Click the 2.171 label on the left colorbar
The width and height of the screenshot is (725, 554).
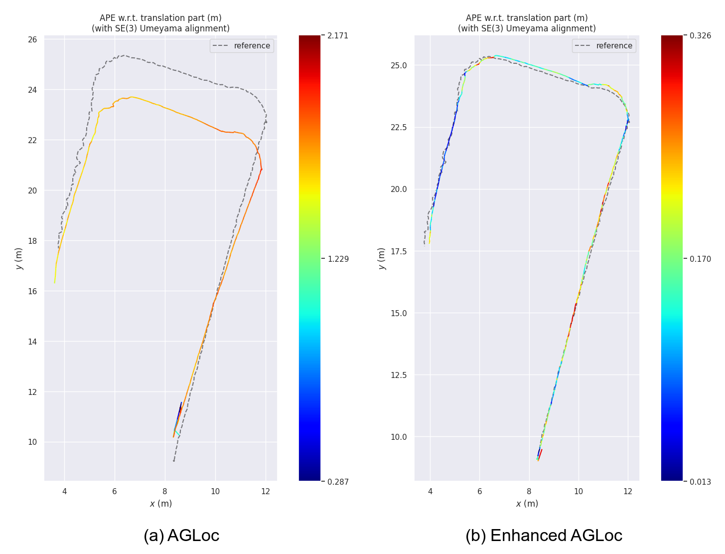[338, 35]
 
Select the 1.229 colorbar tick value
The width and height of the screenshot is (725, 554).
[338, 259]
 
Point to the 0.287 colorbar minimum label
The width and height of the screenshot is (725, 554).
[338, 482]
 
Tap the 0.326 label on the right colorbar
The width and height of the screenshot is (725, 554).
[700, 35]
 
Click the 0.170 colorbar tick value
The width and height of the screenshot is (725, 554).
[700, 259]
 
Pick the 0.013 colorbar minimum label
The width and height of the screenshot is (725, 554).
[700, 482]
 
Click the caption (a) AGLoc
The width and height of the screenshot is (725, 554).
[181, 535]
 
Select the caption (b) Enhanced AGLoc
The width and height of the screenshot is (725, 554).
[544, 535]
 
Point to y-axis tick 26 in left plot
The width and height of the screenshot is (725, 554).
[32, 39]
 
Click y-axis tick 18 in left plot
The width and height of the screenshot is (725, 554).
[32, 241]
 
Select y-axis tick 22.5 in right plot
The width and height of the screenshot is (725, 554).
[398, 127]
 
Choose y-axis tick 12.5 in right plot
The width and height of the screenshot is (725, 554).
[398, 375]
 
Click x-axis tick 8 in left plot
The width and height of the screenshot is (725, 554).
[165, 491]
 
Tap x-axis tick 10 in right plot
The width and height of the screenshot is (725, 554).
[578, 491]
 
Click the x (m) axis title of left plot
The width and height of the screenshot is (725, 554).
[161, 504]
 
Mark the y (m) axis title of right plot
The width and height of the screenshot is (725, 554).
[382, 258]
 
